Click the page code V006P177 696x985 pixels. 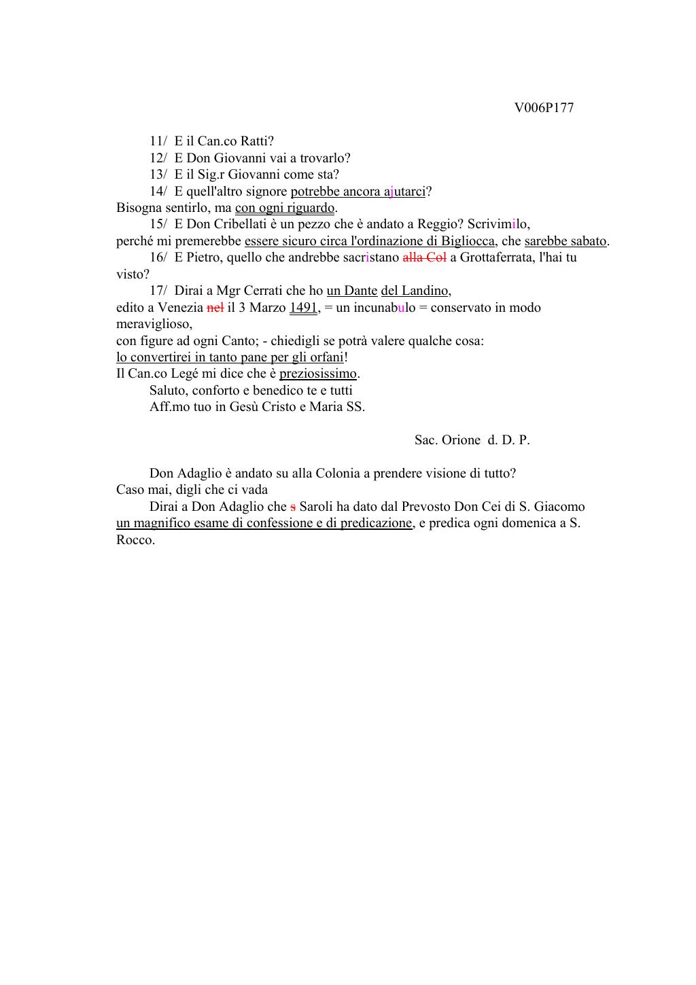click(x=544, y=108)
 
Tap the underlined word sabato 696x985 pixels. click(x=585, y=241)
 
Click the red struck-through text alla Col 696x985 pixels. click(x=424, y=257)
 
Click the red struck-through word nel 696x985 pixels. click(x=215, y=308)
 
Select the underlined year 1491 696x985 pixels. click(x=303, y=308)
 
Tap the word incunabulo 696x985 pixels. click(x=384, y=308)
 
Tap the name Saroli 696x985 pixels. click(x=315, y=507)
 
